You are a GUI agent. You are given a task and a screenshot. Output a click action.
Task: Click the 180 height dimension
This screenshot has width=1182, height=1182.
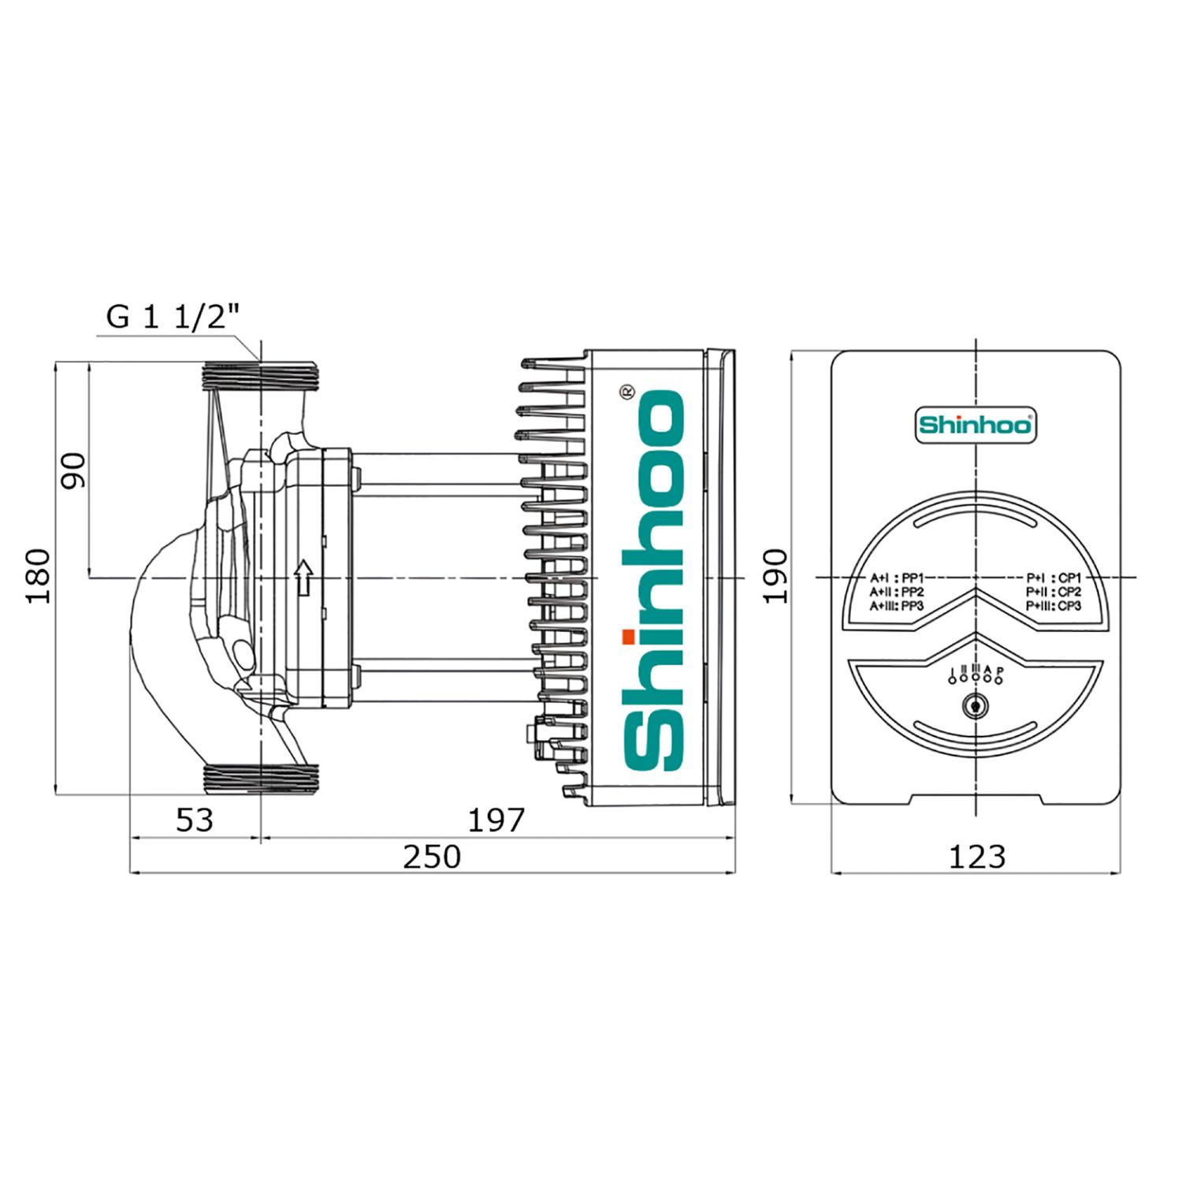(x=39, y=576)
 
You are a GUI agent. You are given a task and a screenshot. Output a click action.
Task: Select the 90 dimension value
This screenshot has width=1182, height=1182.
(x=76, y=470)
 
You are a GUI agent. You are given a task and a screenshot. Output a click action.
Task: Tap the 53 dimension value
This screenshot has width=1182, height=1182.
(x=194, y=820)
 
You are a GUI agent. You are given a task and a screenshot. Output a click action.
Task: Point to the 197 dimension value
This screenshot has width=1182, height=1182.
(x=496, y=820)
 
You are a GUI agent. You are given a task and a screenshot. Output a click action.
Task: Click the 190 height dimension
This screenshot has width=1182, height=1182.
(x=776, y=576)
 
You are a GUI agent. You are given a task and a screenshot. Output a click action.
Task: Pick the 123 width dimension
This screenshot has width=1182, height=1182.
(x=977, y=857)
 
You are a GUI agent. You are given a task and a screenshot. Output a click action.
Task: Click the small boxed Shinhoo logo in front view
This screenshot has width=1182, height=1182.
(x=976, y=426)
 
